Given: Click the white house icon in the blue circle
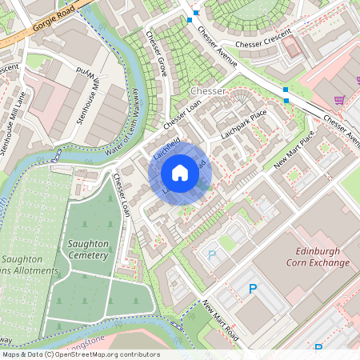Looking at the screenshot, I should click(180, 173).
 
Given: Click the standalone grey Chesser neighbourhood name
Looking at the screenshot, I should click(210, 92).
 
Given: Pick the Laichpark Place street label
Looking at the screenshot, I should click(243, 126).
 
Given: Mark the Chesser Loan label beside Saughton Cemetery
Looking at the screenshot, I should click(122, 195).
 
